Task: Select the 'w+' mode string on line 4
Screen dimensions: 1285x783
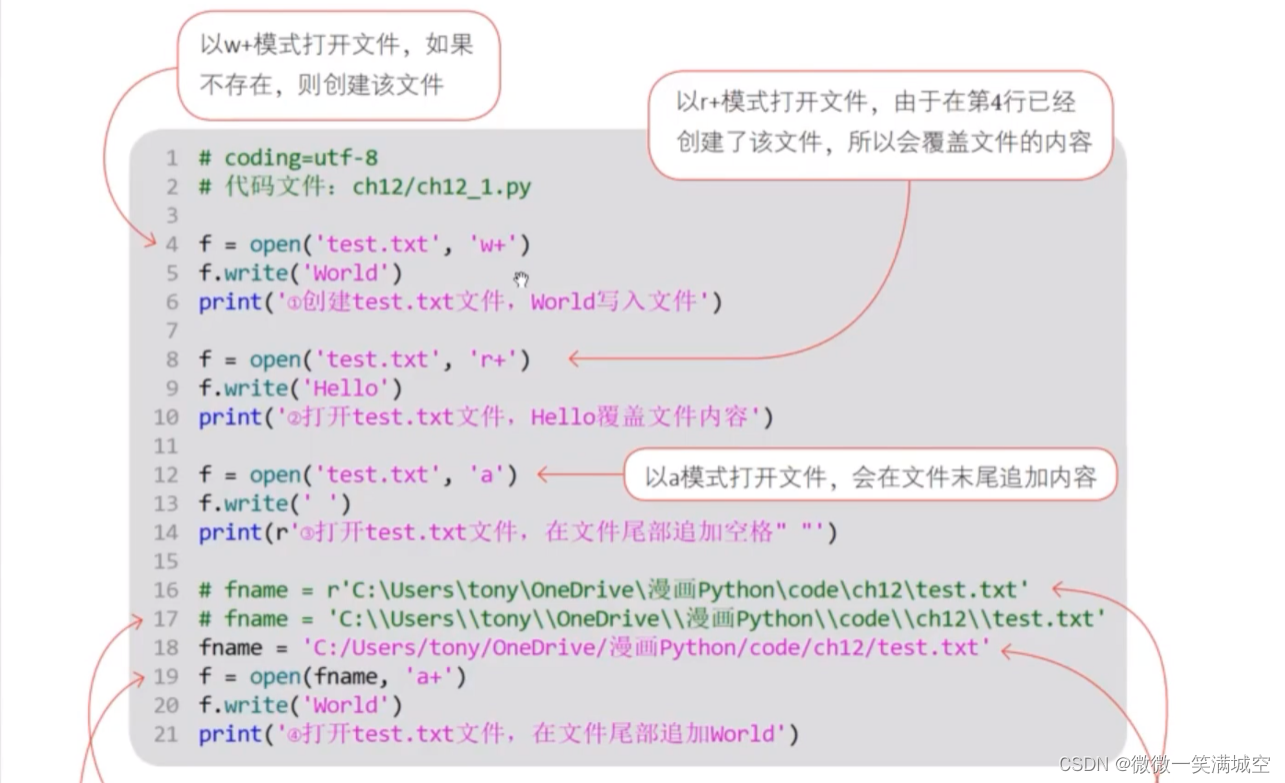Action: (492, 244)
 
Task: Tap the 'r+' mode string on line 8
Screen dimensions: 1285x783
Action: (492, 359)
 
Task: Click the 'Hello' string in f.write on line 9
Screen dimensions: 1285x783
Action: (347, 388)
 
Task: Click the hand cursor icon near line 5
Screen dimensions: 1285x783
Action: (521, 279)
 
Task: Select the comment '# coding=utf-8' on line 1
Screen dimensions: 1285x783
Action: (288, 158)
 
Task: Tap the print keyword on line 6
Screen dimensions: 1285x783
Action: (229, 302)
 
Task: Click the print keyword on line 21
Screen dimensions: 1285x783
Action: (229, 734)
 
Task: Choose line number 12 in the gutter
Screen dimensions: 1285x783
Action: (166, 475)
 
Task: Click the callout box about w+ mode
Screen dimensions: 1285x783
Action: (337, 65)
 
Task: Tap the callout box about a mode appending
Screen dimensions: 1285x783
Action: (869, 475)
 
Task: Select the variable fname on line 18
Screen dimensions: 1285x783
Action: (230, 648)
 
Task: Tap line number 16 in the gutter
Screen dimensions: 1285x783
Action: (166, 590)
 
